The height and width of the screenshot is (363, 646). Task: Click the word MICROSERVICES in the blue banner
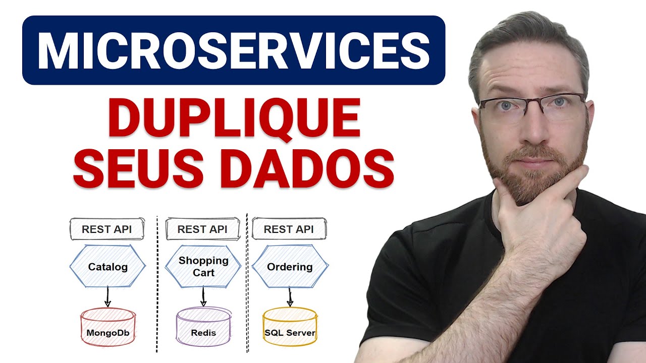pos(233,50)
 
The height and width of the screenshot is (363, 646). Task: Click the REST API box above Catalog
pos(106,229)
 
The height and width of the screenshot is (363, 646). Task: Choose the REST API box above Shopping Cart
pos(202,229)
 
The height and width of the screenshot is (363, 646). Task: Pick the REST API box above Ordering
pos(289,229)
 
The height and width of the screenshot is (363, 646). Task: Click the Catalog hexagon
pos(107,266)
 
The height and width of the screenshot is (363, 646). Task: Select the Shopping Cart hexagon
pos(203,266)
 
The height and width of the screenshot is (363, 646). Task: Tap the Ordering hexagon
pos(289,266)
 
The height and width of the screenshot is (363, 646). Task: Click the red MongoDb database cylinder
pos(107,328)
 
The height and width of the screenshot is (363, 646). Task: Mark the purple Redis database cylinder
pos(203,328)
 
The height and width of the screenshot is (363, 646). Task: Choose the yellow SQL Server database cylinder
pos(290,328)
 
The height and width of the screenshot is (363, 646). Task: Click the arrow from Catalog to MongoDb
pos(107,296)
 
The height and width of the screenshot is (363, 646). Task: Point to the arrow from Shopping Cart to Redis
pos(203,296)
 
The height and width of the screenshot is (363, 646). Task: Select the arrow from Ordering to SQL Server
pos(290,296)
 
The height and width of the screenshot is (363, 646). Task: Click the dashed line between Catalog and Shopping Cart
pos(157,282)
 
